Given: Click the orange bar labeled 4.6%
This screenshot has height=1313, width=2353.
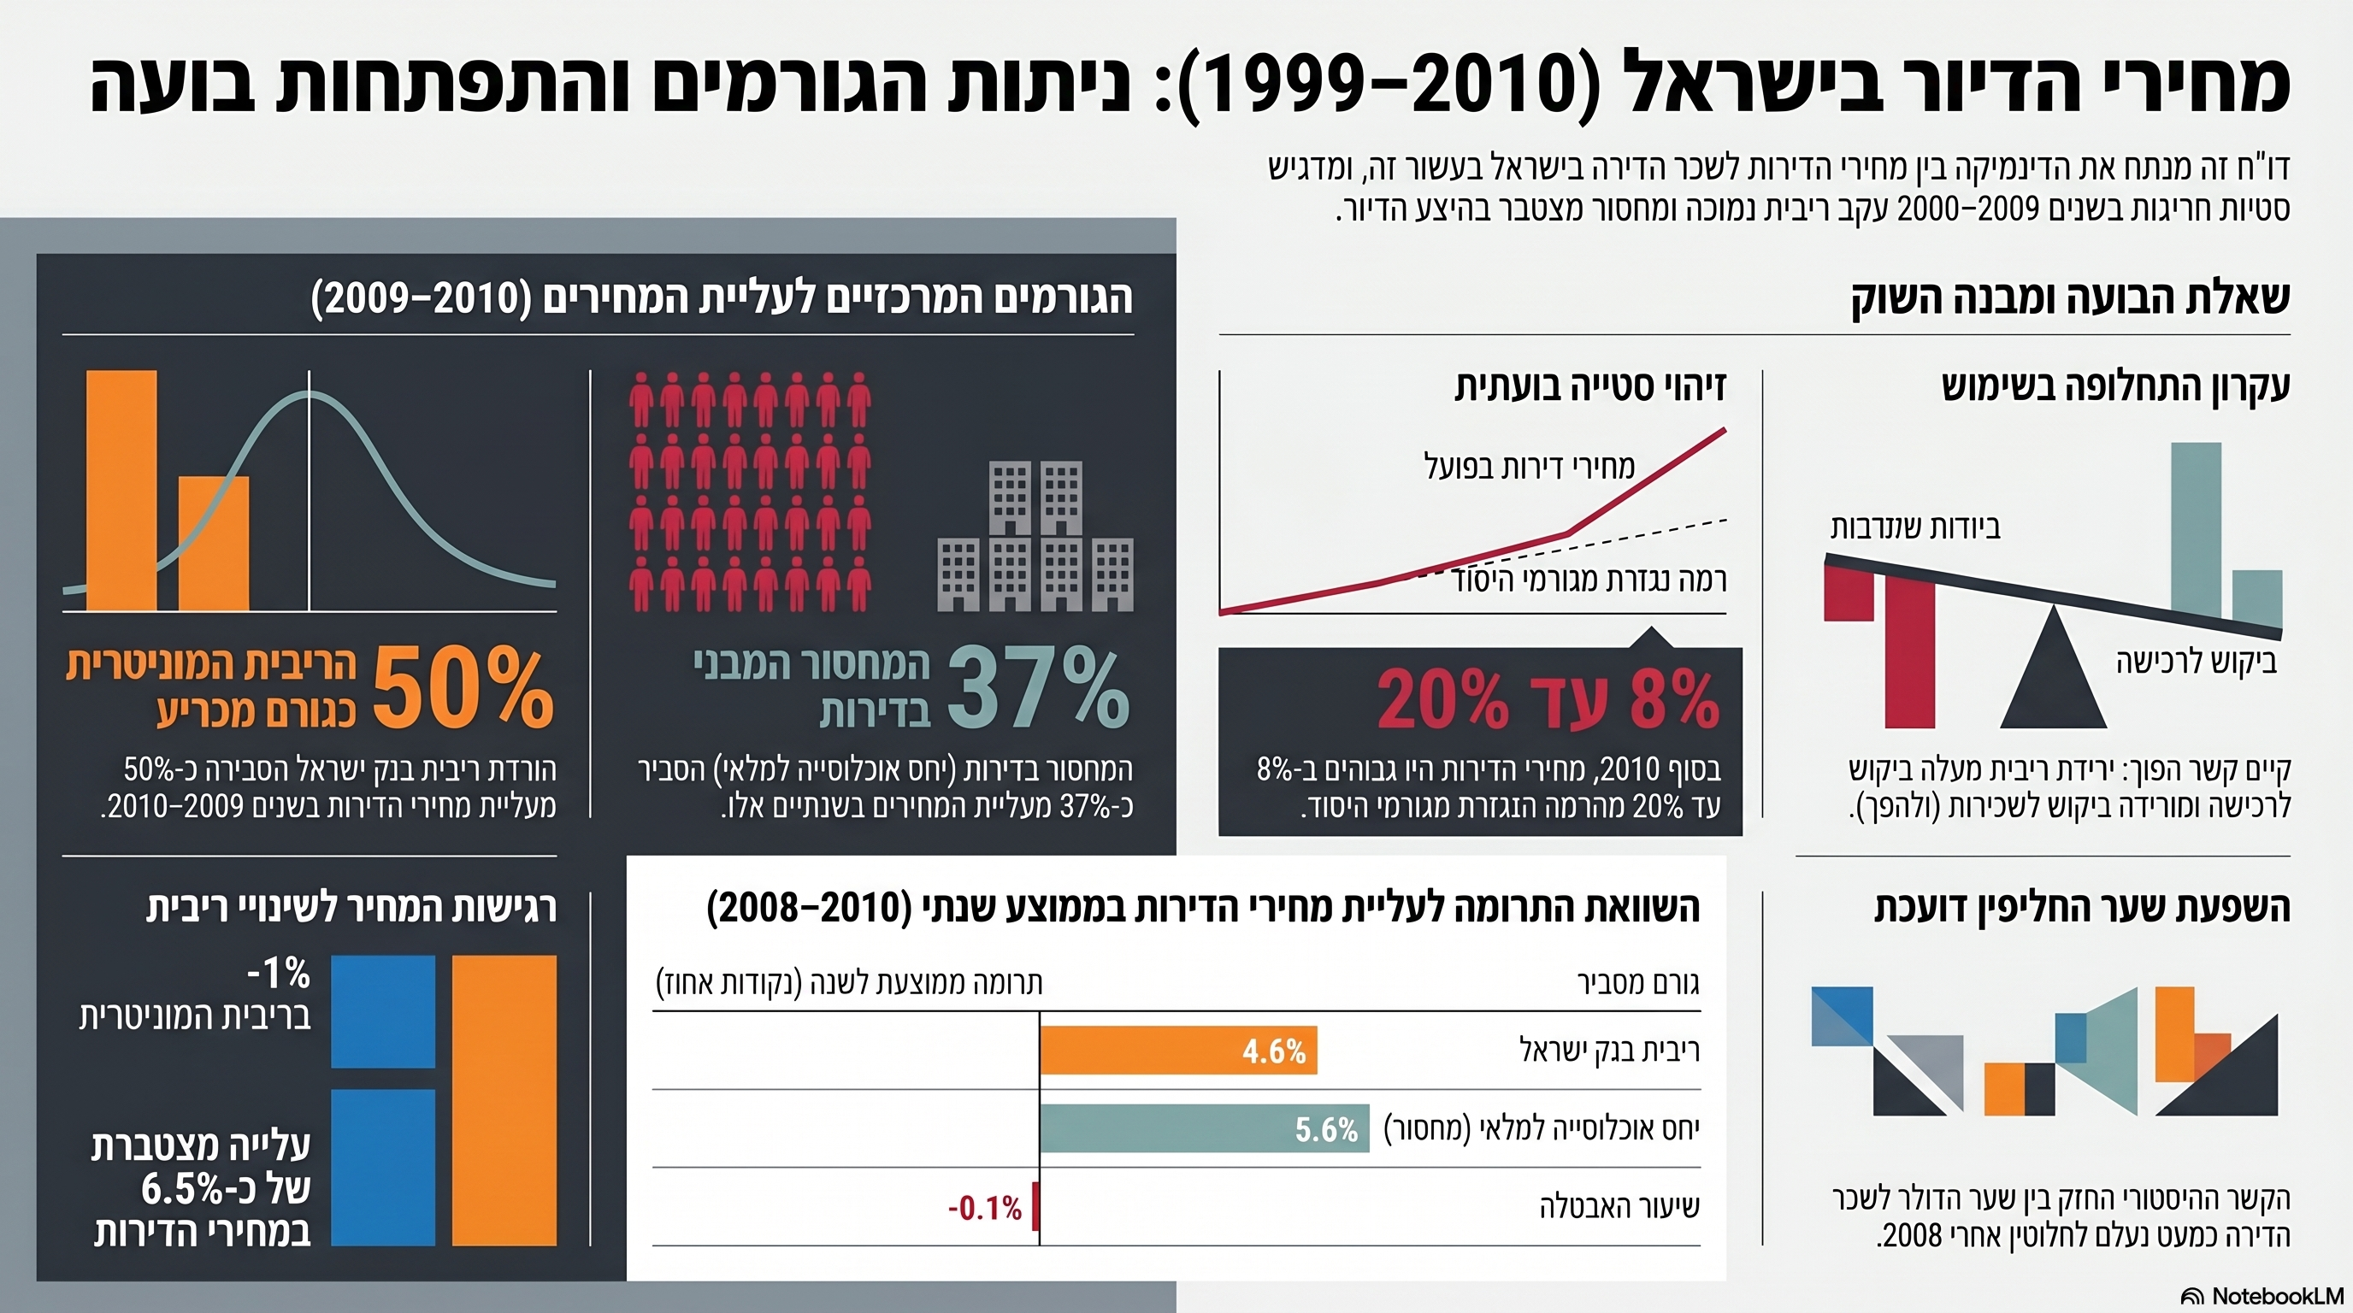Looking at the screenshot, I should coord(1178,1050).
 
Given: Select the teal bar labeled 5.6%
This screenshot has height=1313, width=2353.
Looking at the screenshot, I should coord(1204,1128).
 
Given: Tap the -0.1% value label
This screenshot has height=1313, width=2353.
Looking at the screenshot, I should coord(985,1209).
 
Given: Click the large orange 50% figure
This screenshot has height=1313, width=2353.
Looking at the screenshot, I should coord(463,689).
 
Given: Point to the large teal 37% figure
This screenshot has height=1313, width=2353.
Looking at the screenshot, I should coord(1039,689).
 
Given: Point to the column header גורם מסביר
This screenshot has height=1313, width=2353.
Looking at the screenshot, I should coord(1639,982).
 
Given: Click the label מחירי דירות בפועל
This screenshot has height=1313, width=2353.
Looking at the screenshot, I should coord(1529,467).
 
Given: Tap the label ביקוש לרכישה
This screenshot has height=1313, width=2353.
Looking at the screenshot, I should coord(2196,661).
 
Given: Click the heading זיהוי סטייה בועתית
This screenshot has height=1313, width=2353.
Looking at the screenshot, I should coord(1590,386).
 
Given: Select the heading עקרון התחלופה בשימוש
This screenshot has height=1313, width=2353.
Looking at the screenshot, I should coord(2115,386).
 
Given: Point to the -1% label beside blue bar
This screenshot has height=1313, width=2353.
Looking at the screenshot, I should coord(279,974).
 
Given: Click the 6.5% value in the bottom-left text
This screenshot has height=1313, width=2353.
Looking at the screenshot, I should coord(183,1189).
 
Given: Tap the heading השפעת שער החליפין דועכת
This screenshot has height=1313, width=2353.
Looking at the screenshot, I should coord(2082,909).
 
